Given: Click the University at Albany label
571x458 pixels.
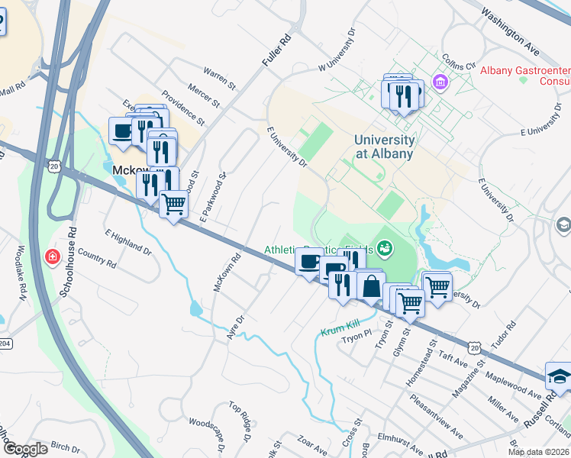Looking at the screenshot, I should [384, 147].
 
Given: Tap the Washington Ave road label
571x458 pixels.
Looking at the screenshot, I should [511, 34].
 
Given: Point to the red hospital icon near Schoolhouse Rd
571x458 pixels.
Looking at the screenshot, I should [52, 256].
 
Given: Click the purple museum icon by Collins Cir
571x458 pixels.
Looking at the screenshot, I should [440, 81].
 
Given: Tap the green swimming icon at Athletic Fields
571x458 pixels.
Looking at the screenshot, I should [386, 249].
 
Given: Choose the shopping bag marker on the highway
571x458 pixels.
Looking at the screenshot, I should [371, 287].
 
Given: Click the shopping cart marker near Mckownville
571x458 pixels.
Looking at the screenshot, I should [174, 204].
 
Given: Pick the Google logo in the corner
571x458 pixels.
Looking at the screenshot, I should [25, 449].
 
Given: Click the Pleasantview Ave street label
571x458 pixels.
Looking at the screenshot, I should [436, 421].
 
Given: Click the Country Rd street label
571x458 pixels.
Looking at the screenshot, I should [96, 260].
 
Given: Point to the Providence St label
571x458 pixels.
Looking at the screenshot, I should [183, 110].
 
